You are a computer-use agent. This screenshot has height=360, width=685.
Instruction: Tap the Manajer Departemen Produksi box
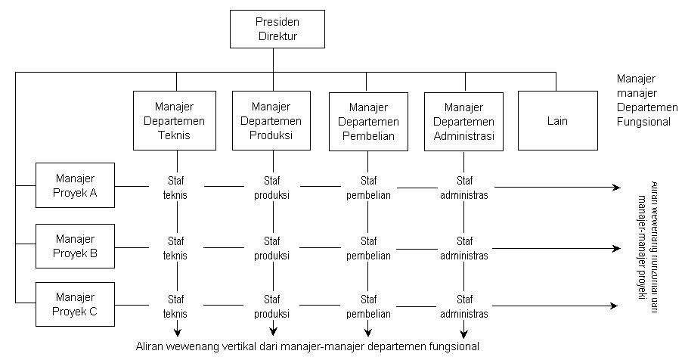click(271, 120)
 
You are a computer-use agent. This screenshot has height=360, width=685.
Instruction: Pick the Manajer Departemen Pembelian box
click(368, 120)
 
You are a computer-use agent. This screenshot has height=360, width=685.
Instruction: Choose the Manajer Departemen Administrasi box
click(464, 120)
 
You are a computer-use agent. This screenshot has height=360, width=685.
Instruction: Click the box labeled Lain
click(556, 120)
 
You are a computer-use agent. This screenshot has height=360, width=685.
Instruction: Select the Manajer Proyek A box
click(75, 185)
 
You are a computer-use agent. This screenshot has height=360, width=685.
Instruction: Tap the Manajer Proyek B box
click(75, 246)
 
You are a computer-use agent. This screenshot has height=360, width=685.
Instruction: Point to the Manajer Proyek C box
click(75, 304)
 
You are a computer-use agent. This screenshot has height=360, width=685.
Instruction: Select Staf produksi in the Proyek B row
click(272, 248)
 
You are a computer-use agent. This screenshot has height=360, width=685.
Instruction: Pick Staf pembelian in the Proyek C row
click(368, 306)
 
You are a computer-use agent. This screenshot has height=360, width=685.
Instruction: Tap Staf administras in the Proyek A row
click(464, 187)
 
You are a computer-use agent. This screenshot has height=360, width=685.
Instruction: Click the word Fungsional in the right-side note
click(643, 121)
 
